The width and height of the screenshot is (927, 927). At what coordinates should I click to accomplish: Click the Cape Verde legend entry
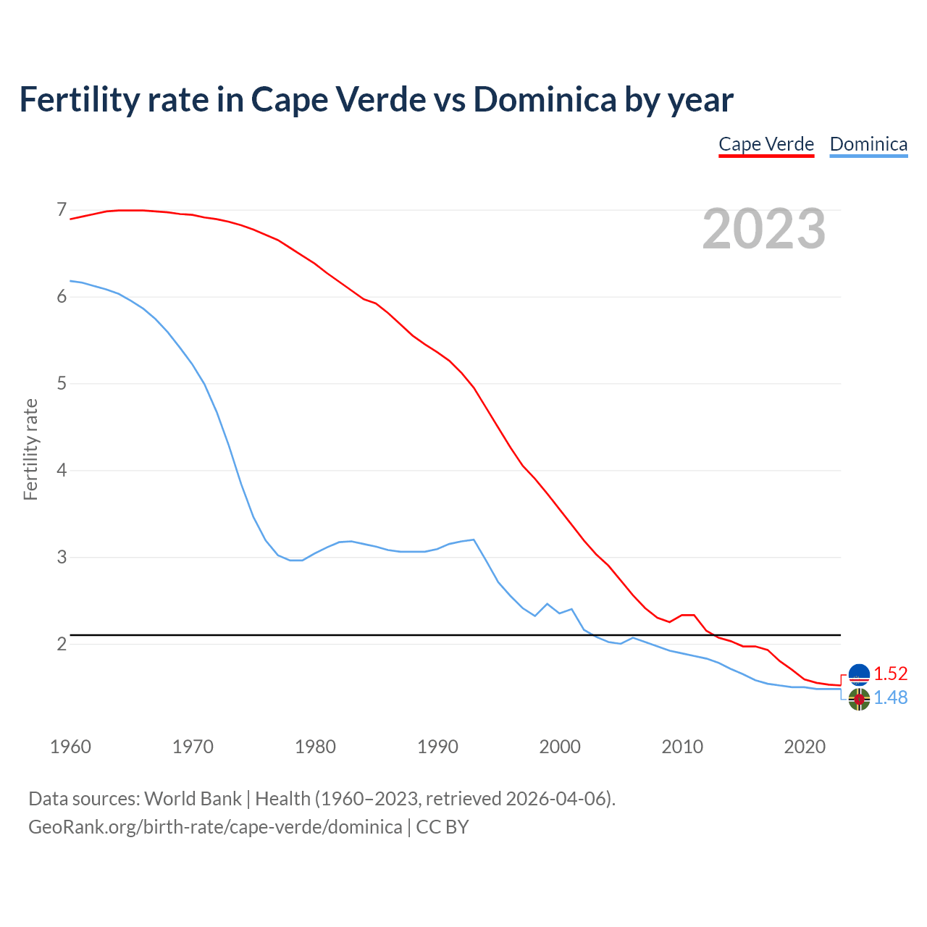(x=766, y=144)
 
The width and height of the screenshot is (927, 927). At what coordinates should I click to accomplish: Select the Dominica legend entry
(x=868, y=144)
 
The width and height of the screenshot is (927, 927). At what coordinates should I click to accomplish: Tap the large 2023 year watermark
(x=764, y=229)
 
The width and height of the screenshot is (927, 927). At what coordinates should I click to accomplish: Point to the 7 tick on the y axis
(x=62, y=210)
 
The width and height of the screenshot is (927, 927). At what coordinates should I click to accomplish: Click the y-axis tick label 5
(x=62, y=383)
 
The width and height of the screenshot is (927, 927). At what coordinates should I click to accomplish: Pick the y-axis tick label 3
(x=62, y=557)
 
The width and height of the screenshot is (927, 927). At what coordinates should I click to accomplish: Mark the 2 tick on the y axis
(x=62, y=644)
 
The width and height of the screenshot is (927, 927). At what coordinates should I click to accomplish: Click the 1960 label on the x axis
(x=70, y=747)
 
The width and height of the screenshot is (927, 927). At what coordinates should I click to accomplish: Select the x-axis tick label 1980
(x=315, y=747)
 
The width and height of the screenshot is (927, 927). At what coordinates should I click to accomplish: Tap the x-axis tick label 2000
(x=560, y=747)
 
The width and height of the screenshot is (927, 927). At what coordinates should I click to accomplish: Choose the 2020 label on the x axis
(x=805, y=747)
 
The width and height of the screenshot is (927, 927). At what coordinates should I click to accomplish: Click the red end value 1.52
(x=890, y=674)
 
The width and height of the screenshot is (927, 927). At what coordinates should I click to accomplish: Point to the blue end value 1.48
(x=890, y=697)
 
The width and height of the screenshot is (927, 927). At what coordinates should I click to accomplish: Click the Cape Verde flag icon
(x=859, y=674)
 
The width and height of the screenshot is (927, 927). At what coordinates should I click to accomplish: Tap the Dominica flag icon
(x=859, y=700)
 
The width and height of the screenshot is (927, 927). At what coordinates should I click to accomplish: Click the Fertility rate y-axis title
(x=30, y=449)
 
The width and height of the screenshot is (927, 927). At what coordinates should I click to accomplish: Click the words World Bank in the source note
(x=193, y=799)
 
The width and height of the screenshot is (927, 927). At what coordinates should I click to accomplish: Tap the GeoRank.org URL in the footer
(x=215, y=827)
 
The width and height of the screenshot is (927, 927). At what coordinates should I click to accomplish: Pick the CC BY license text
(x=442, y=827)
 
